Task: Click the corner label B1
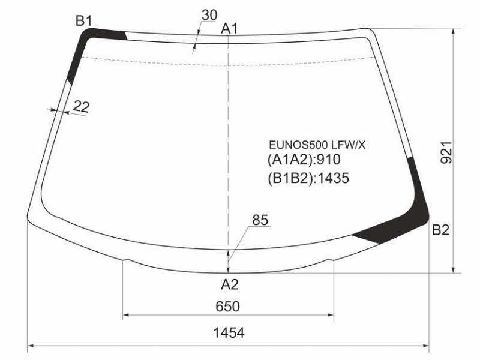coord(84,21)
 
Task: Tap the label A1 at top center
coord(229,29)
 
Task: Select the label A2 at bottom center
coord(229,284)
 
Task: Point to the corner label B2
coord(440,230)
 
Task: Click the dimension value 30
coord(209,15)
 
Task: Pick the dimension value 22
coord(81,107)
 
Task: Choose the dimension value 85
coord(260,220)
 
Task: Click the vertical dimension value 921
coord(446,152)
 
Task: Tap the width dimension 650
coord(227,307)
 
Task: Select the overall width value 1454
coord(229,333)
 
